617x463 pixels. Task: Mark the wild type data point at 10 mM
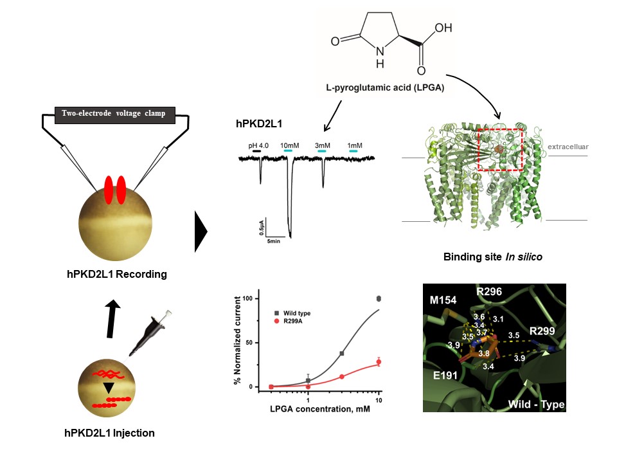(x=379, y=298)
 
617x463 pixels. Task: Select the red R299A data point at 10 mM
(x=379, y=362)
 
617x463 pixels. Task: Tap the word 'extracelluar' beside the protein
(x=568, y=147)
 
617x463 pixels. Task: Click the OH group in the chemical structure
(x=443, y=29)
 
